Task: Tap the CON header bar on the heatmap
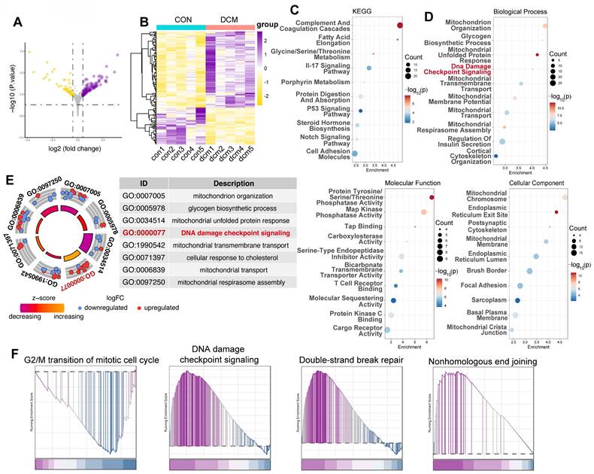[x=180, y=26]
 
